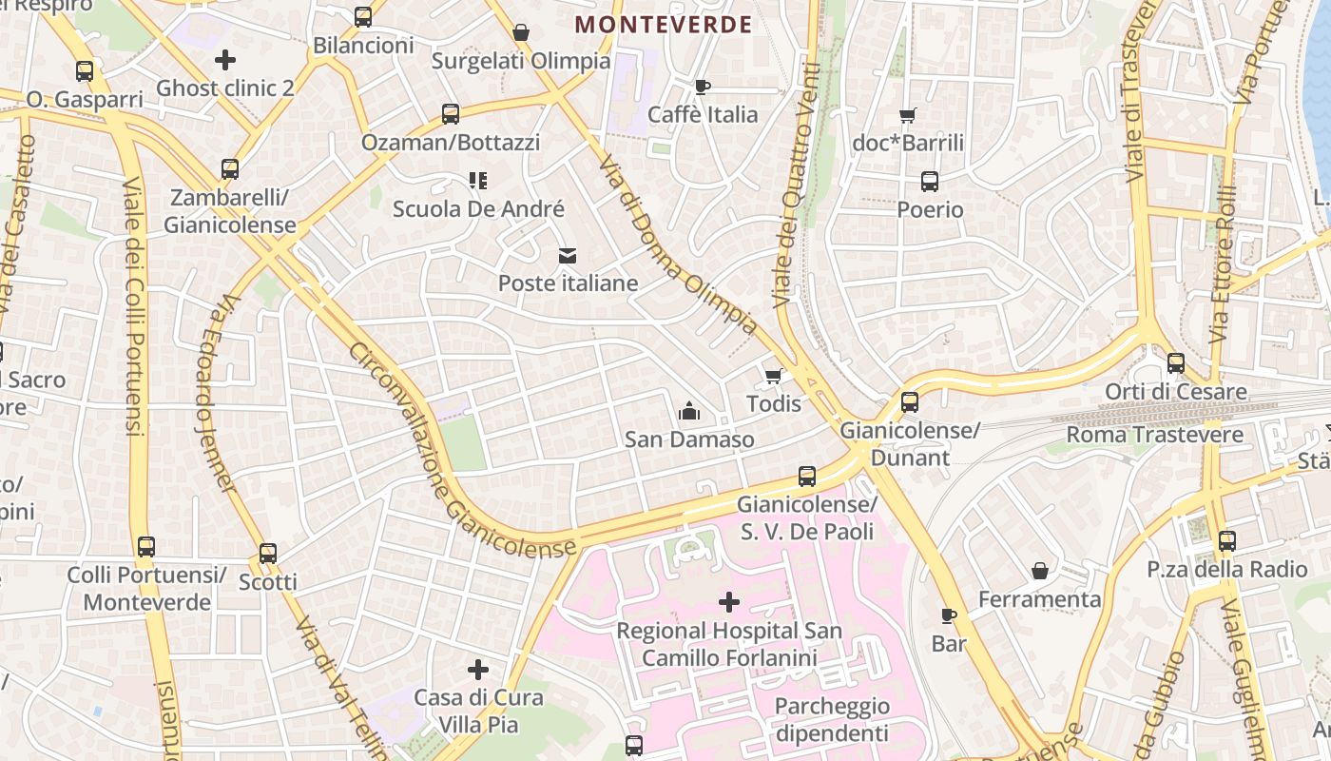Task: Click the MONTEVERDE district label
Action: coord(664,25)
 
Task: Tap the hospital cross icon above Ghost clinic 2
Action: coord(225,60)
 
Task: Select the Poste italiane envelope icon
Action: coord(568,255)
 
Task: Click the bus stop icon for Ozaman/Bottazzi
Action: coord(451,114)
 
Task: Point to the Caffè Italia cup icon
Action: coord(703,87)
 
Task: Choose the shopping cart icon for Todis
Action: coord(773,376)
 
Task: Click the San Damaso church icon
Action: coord(689,411)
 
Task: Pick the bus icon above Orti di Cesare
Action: coord(1176,362)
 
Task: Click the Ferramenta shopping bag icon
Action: coord(1040,571)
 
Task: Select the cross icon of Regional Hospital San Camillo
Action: coord(729,602)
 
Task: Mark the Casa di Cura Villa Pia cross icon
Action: coord(478,669)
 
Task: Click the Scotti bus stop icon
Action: coord(268,553)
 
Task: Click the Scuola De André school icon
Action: coord(478,180)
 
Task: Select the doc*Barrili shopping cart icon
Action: coord(908,115)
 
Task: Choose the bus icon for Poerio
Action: coord(930,181)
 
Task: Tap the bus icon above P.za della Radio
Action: coord(1227,541)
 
